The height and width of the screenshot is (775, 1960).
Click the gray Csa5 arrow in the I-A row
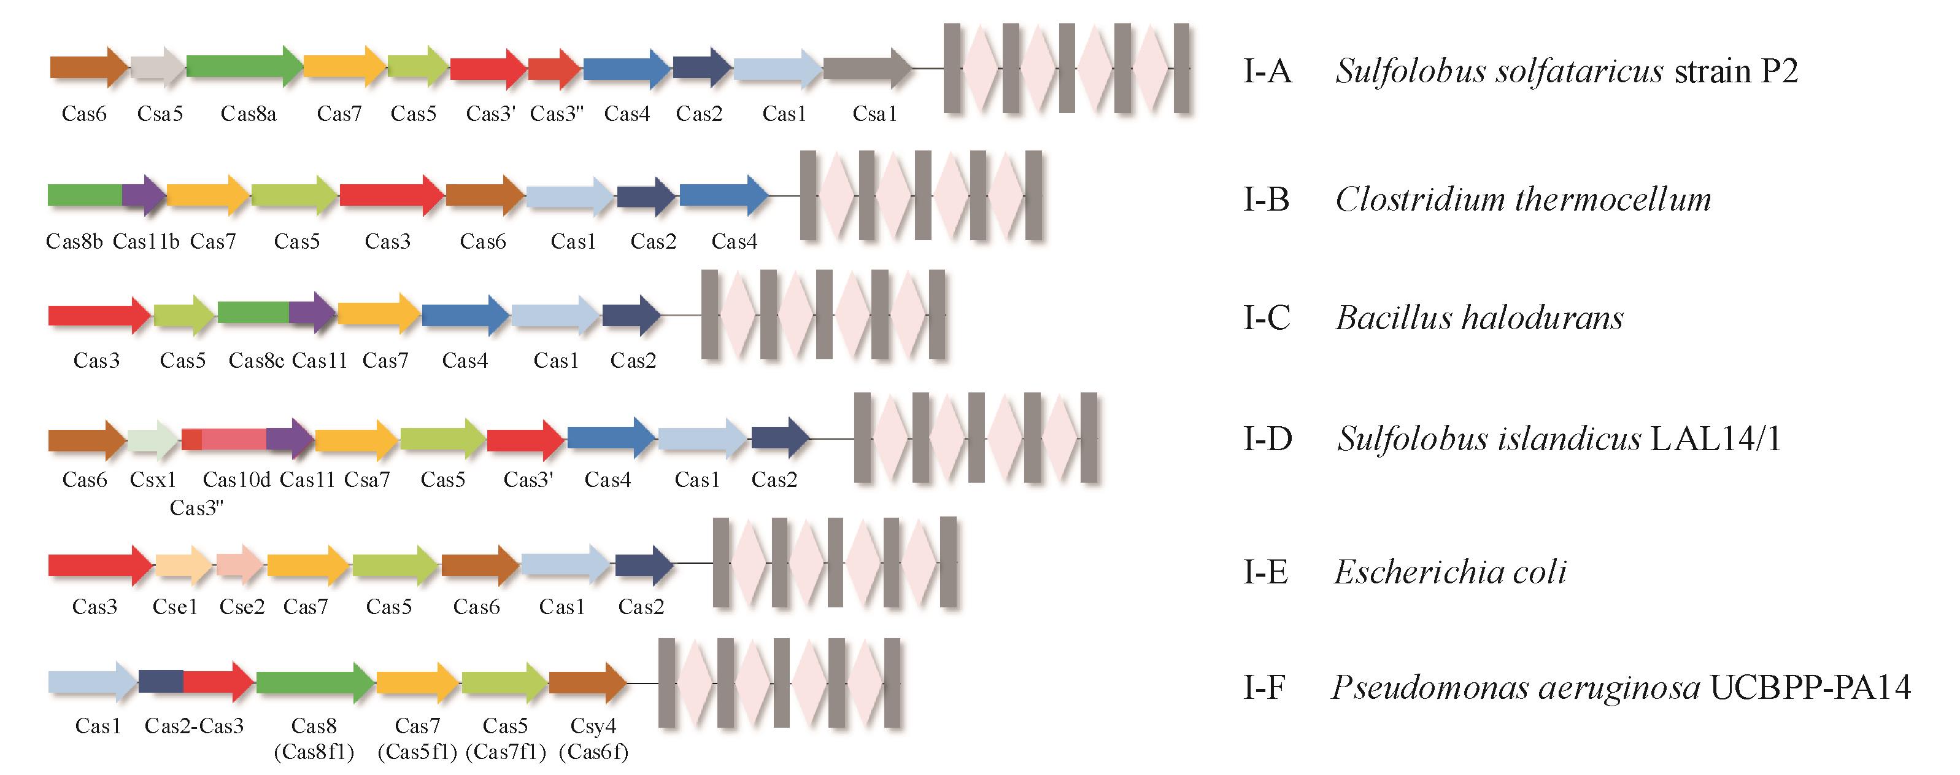tap(156, 67)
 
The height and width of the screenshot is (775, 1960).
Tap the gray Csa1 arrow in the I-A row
tap(866, 68)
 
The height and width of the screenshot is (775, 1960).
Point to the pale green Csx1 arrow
tap(152, 439)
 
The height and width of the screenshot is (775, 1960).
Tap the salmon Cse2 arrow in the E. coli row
tap(239, 565)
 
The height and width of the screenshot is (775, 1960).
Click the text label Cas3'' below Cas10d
tap(196, 508)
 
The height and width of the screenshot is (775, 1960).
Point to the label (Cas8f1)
tap(314, 752)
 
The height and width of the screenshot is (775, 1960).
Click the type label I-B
tap(1266, 200)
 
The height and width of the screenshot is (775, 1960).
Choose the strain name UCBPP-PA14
tap(1810, 687)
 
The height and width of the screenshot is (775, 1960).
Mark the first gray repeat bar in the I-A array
tap(951, 69)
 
